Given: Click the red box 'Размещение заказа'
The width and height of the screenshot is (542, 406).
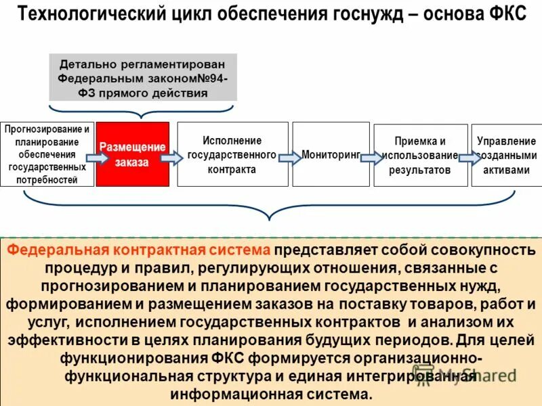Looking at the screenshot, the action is (133, 154).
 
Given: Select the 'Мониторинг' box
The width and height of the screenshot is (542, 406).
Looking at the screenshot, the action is (331, 154).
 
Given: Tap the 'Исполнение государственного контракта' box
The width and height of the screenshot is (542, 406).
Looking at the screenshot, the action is (232, 154).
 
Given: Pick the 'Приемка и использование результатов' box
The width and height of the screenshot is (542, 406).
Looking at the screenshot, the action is (420, 156).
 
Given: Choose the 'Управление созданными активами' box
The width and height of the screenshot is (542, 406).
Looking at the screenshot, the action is (506, 156).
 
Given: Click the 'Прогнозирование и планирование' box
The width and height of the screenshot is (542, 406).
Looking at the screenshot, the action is (47, 154).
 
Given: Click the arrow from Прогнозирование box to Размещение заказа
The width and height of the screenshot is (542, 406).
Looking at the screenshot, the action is (98, 158).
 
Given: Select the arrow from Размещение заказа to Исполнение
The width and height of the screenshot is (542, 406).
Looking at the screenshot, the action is (172, 158).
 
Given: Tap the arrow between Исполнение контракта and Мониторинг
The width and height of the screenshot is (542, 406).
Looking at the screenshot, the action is (290, 158).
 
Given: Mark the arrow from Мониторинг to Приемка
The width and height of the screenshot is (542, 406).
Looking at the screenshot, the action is (371, 158).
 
